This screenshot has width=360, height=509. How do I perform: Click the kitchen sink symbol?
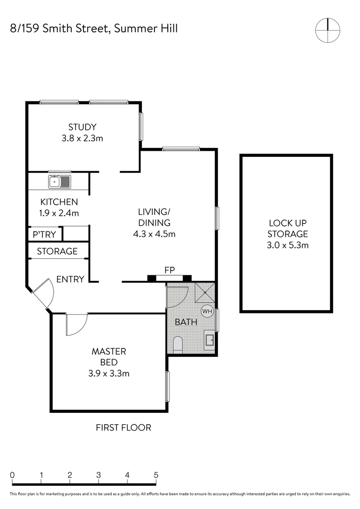59,181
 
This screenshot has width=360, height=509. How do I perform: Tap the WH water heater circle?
207,311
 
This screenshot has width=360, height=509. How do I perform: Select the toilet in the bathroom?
178,345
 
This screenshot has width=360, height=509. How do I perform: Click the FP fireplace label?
170,271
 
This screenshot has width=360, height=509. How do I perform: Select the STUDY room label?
82,127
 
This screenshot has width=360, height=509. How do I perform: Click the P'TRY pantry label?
44,234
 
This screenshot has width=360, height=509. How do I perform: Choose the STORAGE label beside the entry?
57,251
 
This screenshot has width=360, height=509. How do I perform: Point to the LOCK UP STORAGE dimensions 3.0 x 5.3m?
287,245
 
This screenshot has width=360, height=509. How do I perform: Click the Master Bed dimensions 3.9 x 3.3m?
108,374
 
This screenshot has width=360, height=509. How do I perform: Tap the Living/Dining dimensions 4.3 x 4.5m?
154,234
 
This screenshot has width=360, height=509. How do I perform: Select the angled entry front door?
42,293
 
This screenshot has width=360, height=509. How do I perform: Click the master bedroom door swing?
76,325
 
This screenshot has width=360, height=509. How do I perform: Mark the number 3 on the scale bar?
98,475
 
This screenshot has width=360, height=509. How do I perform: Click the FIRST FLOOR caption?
123,427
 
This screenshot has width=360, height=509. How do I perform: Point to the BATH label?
186,322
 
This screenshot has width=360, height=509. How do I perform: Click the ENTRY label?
70,279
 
